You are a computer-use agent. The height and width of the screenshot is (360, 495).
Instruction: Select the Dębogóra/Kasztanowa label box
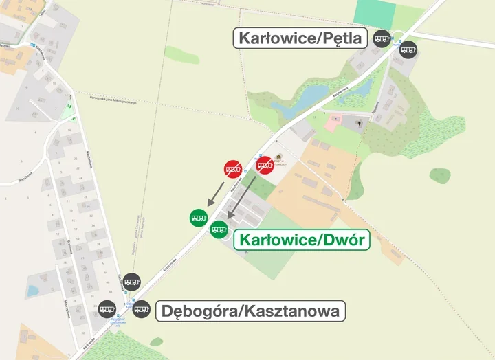coord(251,311)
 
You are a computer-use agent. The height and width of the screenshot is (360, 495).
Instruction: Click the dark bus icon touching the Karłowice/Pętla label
coord(382,39)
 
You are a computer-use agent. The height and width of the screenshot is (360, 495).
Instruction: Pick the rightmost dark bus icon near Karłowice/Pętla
coord(409,49)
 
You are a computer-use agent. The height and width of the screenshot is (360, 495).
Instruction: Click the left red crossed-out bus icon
coord(233,169)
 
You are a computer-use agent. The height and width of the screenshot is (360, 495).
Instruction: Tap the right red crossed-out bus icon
coord(265,166)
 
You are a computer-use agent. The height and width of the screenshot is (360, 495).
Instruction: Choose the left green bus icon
coord(198,217)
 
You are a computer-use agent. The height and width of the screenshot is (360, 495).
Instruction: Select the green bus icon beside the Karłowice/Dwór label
coord(219,230)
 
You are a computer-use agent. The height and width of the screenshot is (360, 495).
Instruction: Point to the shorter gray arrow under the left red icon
coord(217,192)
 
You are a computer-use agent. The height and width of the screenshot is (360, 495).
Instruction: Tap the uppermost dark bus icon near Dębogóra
coord(133,281)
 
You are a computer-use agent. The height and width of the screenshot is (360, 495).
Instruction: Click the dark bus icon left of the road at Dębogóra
coord(107,308)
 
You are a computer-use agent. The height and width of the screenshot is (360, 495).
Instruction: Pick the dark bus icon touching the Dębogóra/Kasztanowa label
coord(142,308)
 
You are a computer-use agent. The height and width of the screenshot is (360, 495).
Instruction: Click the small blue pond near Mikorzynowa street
coord(32,291)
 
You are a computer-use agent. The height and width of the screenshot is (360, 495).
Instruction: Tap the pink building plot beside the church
coord(332,124)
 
